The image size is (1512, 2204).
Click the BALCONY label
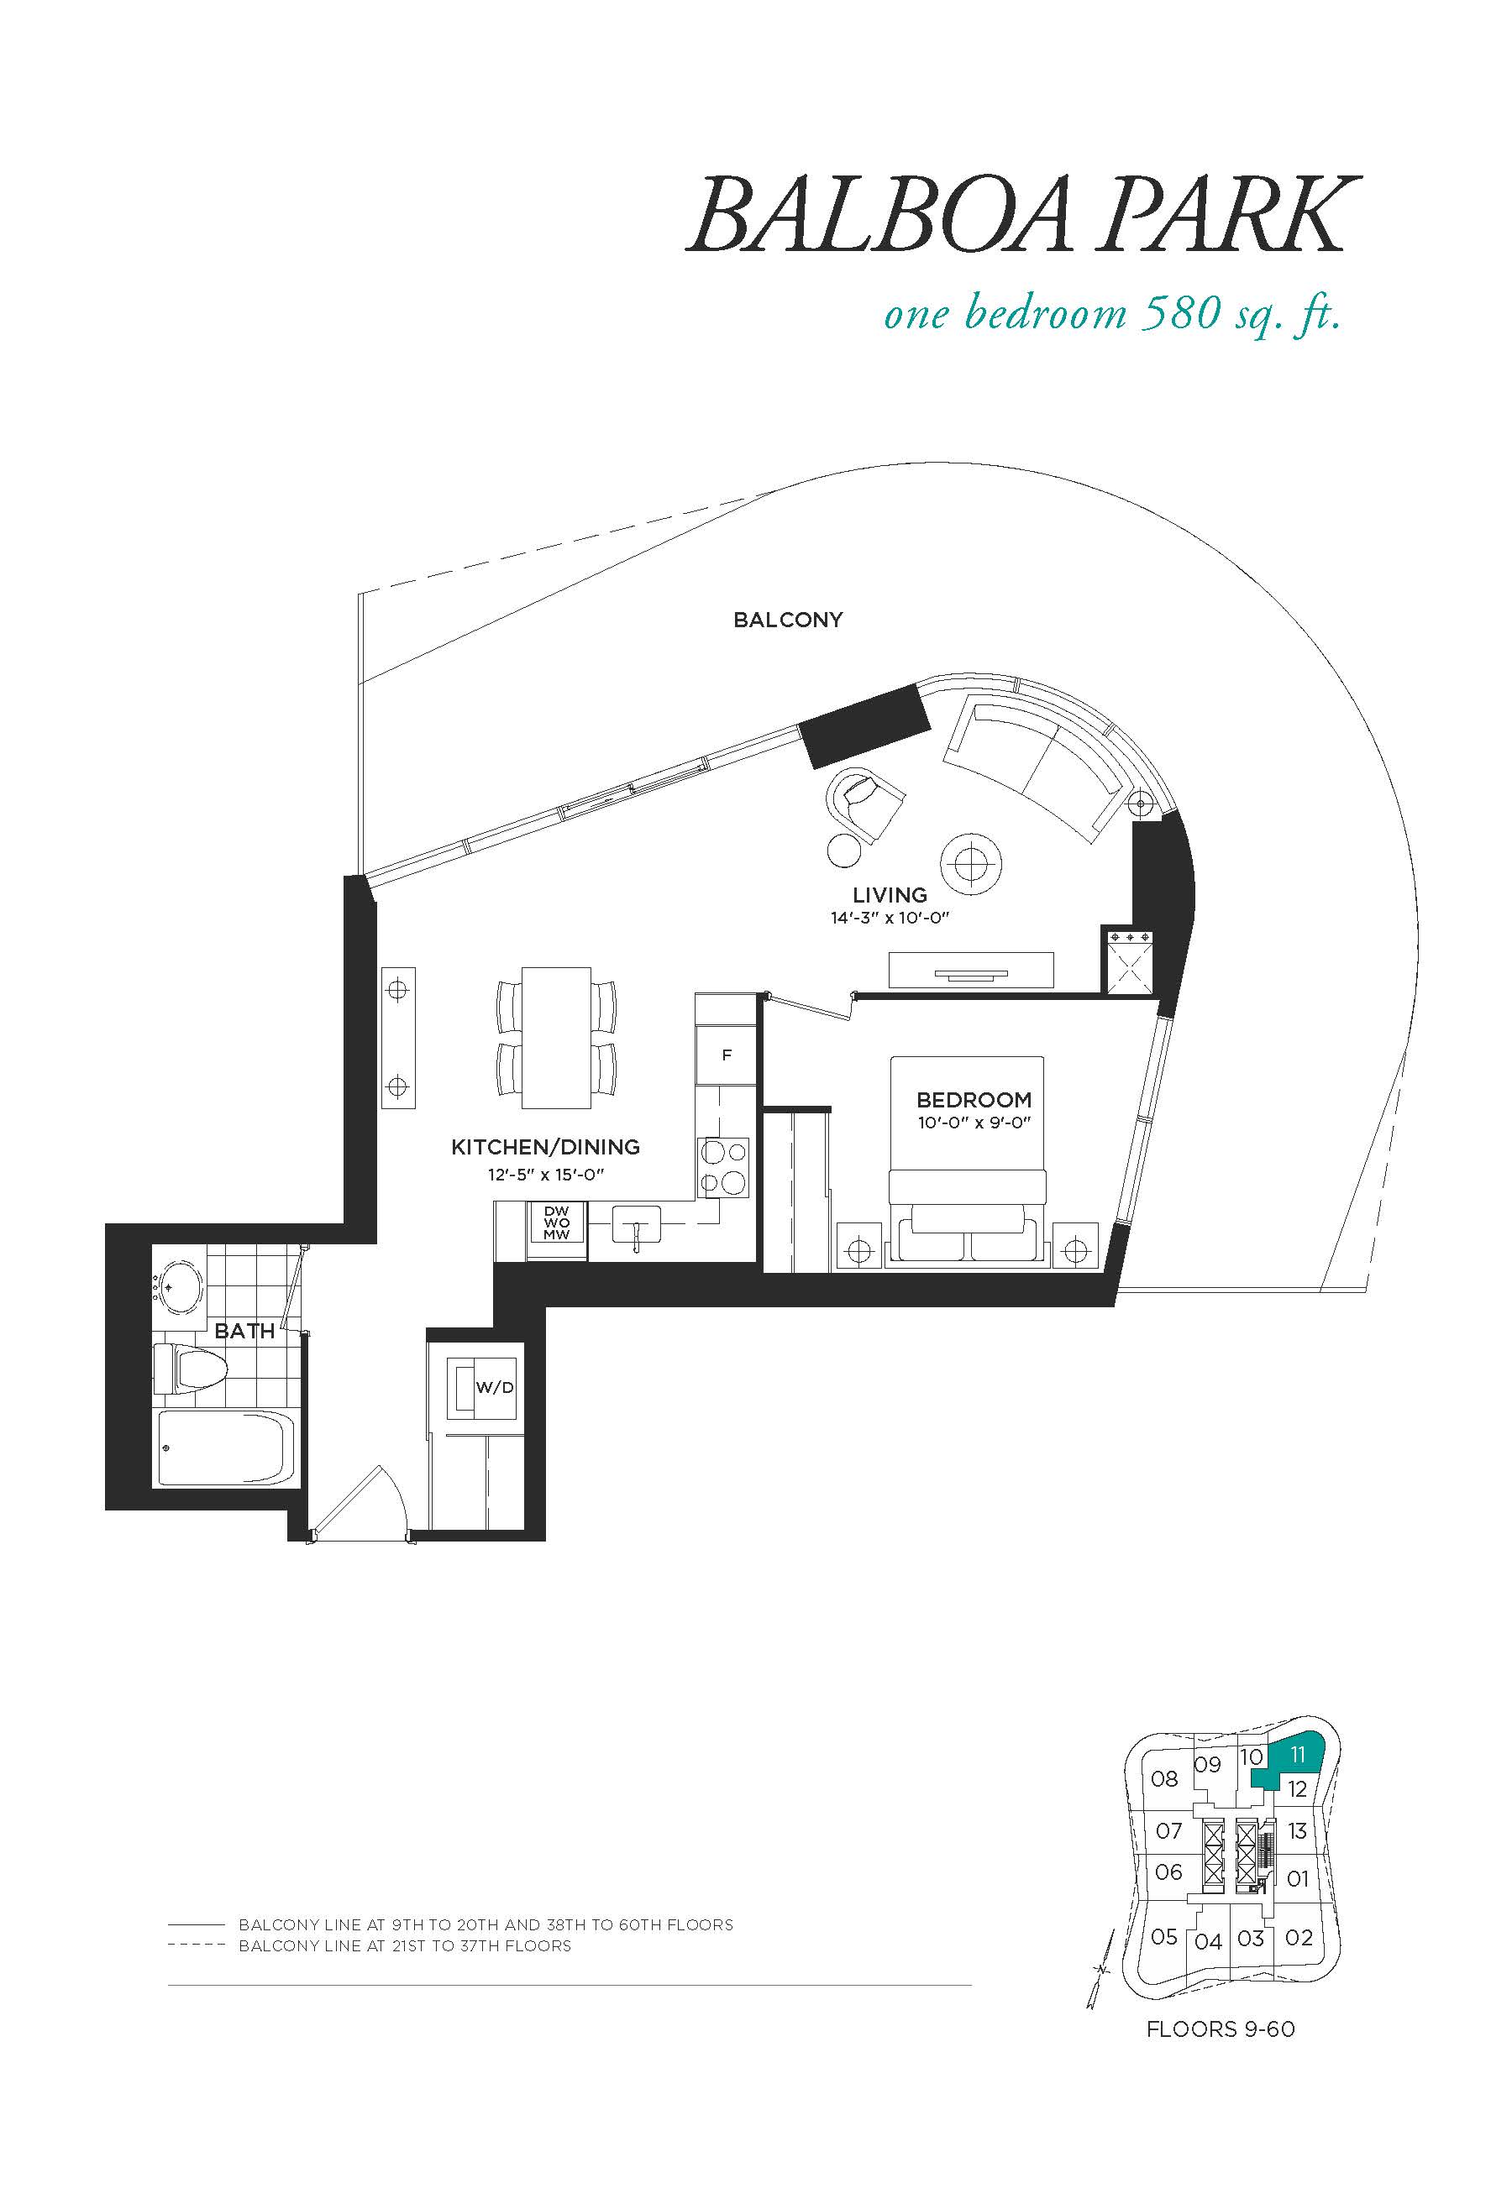point(787,620)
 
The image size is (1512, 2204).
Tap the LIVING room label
point(890,894)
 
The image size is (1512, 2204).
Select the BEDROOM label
point(974,1100)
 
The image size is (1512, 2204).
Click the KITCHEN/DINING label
point(545,1147)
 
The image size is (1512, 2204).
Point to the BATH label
point(244,1331)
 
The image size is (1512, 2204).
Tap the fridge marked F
point(727,1055)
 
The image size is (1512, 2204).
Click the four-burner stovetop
point(722,1165)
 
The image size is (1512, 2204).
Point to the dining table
point(556,1038)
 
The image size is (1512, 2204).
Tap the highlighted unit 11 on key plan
point(1293,1765)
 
